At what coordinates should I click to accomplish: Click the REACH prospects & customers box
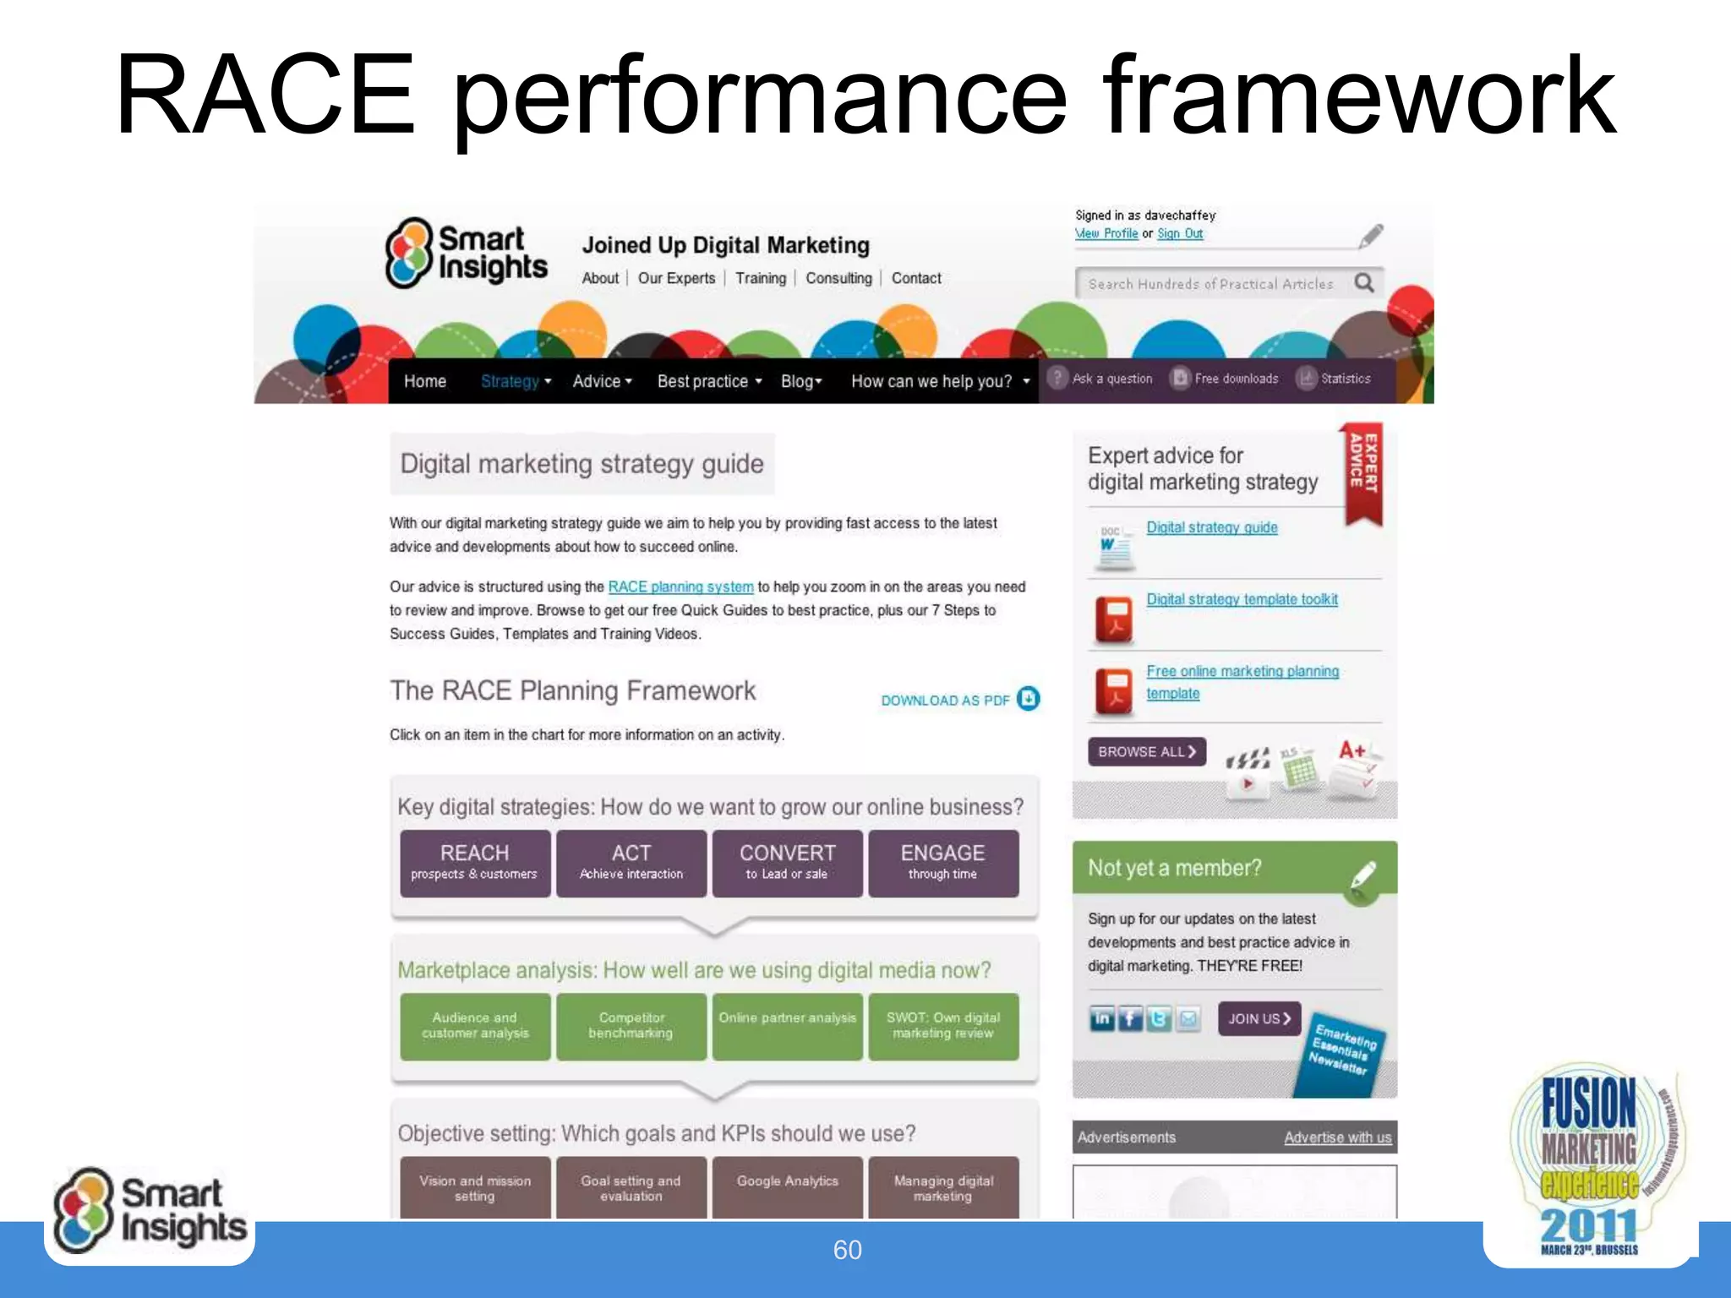pos(474,863)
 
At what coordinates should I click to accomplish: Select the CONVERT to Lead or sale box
pos(787,863)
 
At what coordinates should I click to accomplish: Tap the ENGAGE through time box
pos(942,863)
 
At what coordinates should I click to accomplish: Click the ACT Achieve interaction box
pos(631,863)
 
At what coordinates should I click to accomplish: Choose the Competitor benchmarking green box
pos(631,1026)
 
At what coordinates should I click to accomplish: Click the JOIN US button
pos(1259,1019)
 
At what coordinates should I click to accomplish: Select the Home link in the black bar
pos(424,381)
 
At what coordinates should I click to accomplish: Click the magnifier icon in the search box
pos(1363,282)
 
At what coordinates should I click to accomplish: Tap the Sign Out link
pos(1180,234)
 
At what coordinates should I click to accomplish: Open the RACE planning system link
pos(680,586)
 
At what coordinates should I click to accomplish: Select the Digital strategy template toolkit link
pos(1242,599)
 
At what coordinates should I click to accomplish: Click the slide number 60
pos(847,1250)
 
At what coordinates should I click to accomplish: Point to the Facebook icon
pos(1130,1019)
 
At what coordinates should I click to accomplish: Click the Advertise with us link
pos(1337,1137)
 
